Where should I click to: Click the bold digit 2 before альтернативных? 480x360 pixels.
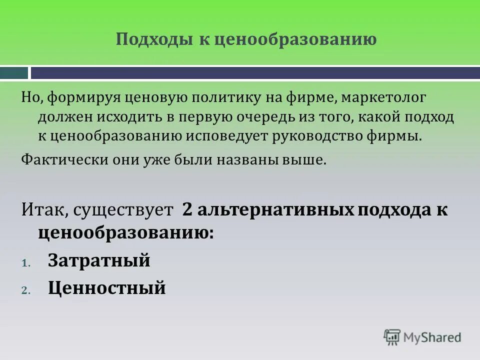coord(187,209)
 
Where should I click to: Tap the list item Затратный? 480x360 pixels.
coord(99,260)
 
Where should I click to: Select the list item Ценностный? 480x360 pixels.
coord(106,287)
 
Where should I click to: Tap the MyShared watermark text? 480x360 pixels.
coord(432,337)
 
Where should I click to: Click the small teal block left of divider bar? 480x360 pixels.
coord(14,73)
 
